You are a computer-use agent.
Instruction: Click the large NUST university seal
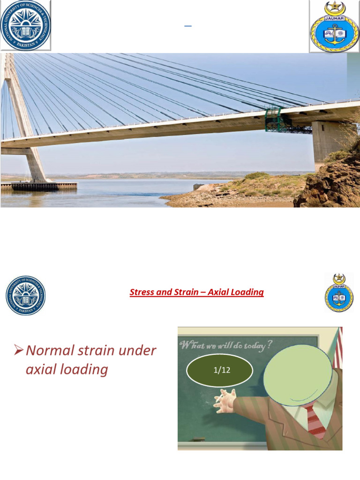(x=25, y=25)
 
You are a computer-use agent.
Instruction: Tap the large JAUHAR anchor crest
(x=334, y=26)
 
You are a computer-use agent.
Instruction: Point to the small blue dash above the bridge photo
(x=187, y=26)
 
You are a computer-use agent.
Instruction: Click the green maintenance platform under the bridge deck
(x=273, y=119)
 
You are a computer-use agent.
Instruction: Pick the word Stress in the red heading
(x=141, y=292)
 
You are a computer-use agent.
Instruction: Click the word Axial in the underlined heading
(x=218, y=292)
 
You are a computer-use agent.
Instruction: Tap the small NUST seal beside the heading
(x=25, y=295)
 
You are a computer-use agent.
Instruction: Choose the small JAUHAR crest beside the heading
(x=339, y=293)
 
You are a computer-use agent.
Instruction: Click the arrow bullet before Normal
(x=19, y=350)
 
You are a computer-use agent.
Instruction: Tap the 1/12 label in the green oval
(x=220, y=370)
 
